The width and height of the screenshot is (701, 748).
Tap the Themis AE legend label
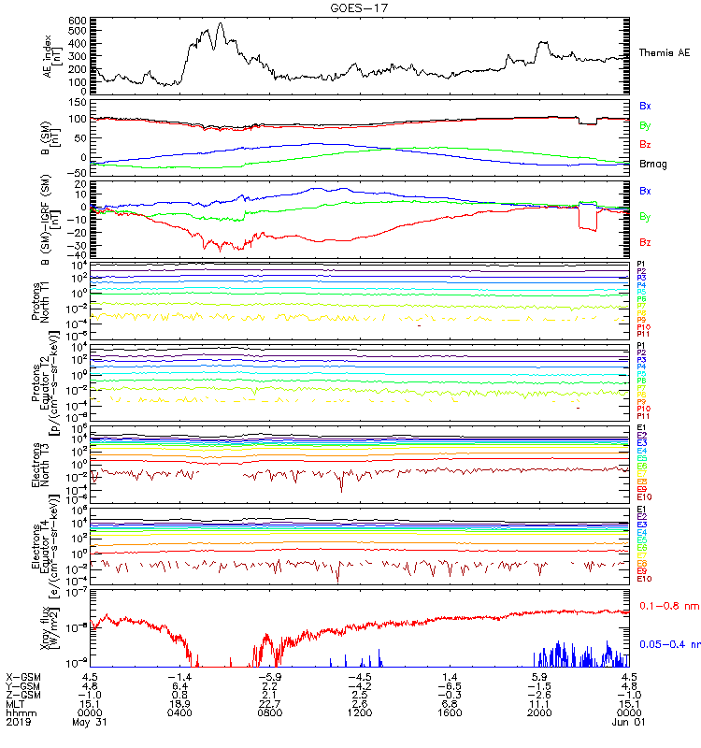click(x=664, y=53)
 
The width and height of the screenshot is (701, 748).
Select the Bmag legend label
click(x=651, y=165)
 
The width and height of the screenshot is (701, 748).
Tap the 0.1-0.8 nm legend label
click(x=668, y=606)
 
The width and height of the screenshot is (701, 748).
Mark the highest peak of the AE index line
click(x=221, y=24)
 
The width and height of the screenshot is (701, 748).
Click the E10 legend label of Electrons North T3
click(x=644, y=496)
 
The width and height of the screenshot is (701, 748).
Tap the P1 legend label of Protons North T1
click(x=641, y=265)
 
